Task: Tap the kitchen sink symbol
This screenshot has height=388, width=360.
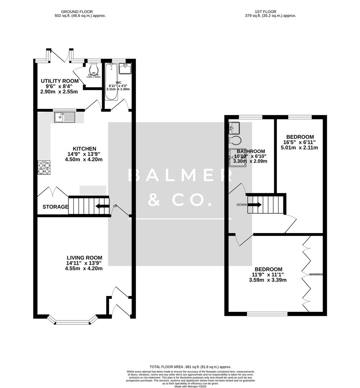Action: click(65, 117)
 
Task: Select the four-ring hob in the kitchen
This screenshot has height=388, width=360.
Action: click(44, 167)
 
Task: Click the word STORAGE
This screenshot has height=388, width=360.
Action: click(55, 207)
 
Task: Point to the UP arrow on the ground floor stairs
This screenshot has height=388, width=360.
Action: click(102, 206)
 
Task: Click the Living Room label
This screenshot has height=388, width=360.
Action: click(85, 258)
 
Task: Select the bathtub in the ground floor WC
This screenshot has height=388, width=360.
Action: click(111, 82)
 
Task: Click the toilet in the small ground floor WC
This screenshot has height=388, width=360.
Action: click(94, 68)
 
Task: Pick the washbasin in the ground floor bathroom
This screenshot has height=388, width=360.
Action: click(125, 68)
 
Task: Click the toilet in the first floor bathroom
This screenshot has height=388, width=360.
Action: click(236, 139)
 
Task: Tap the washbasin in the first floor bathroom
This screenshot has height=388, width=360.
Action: click(234, 127)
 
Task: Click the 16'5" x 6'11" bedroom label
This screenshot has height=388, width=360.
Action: click(300, 137)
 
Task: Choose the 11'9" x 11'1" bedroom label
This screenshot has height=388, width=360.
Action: click(268, 269)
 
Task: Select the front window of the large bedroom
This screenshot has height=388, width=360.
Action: click(267, 314)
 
